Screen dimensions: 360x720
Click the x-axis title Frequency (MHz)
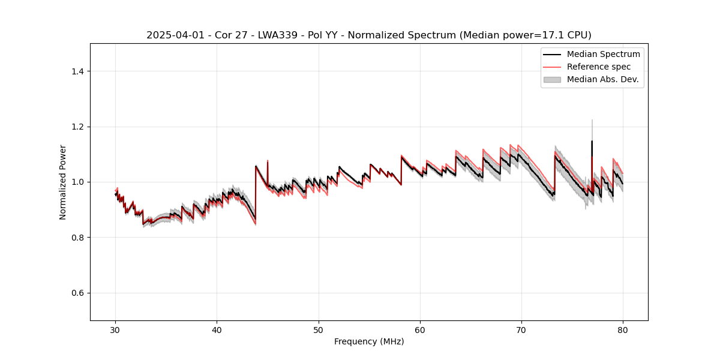click(369, 341)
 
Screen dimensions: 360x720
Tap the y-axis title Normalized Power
click(63, 182)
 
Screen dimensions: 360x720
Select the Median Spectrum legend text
click(603, 54)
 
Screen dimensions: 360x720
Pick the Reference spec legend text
click(599, 67)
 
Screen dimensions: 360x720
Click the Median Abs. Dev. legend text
click(602, 79)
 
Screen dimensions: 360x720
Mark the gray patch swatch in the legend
click(552, 79)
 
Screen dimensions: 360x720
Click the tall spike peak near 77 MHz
click(592, 141)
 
